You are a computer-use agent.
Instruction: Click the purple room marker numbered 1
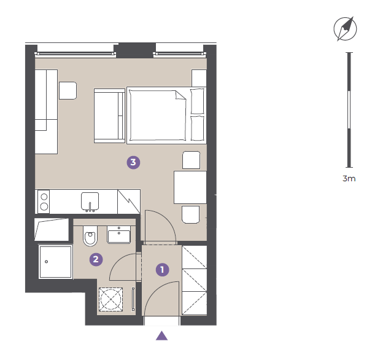point(162,270)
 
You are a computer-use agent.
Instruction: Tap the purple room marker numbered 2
point(96,259)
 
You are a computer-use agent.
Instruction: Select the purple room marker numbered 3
point(133,162)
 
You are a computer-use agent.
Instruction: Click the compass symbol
point(345,29)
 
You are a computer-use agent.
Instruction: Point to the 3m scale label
point(349,178)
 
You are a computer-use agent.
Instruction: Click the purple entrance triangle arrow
point(162,335)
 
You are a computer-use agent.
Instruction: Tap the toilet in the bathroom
point(90,236)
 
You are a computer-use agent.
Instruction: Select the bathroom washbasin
point(119,235)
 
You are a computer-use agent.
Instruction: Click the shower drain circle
point(46,262)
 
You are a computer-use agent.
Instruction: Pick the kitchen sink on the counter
point(90,202)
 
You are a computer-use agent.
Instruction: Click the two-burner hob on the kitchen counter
point(44,202)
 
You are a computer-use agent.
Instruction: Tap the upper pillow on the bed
point(198,101)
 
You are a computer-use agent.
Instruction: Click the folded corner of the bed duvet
point(180,95)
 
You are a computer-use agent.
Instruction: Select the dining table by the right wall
point(190,187)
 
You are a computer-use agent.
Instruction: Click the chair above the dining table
point(192,160)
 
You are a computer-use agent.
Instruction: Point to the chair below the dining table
point(191,214)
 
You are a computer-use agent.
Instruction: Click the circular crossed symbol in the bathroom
point(110,299)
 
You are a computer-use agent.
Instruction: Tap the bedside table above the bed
point(199,78)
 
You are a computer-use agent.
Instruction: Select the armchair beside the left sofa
point(68,90)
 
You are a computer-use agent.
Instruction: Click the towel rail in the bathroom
point(133,299)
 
